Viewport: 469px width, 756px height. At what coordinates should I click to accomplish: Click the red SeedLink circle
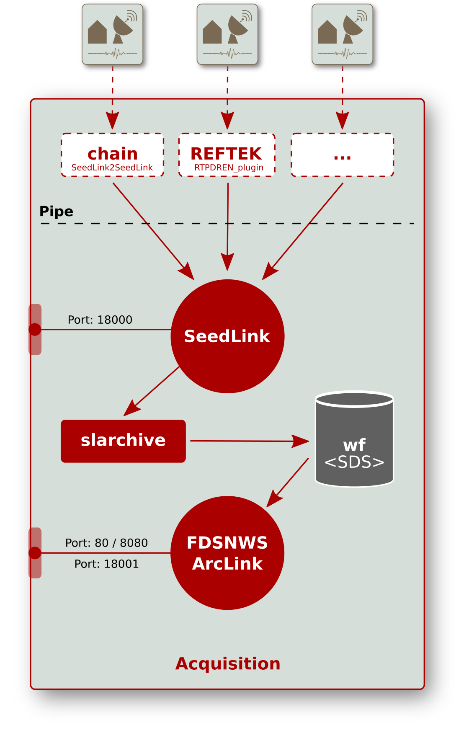coord(227,336)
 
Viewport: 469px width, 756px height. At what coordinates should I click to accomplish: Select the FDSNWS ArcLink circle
coord(227,553)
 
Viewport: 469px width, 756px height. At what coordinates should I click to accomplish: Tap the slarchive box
coord(123,441)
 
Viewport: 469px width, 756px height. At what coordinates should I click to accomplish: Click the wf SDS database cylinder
coord(354,440)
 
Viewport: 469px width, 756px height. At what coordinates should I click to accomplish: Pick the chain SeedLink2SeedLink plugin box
coord(112,155)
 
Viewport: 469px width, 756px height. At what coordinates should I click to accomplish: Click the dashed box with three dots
coord(342,155)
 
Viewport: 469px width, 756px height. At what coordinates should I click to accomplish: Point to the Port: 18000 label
coord(100,320)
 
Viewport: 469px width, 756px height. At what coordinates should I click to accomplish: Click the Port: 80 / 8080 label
coord(106,543)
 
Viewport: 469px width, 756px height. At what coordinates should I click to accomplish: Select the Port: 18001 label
coord(106,564)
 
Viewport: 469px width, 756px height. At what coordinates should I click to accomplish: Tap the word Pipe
coord(56,212)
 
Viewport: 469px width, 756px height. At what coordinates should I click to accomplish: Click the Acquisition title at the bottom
coord(228,664)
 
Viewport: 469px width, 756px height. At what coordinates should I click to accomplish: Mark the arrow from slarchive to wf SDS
coord(249,441)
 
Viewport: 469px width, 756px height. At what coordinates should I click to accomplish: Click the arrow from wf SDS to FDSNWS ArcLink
coord(288,482)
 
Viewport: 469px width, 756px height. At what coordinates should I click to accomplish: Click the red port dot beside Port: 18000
coord(35,330)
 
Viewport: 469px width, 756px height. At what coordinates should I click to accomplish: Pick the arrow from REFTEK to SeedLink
coord(227,226)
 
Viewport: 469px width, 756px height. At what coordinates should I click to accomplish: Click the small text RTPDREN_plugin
coord(229,168)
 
